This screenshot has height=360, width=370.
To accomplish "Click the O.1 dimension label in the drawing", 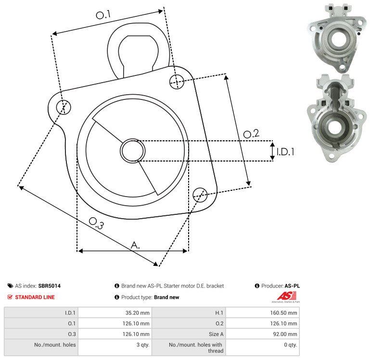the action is (103, 14).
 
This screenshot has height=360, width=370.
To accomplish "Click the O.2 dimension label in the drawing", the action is (251, 134).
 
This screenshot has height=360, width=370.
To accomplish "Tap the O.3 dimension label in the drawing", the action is (96, 223).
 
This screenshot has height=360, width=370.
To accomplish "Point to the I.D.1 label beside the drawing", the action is (285, 152).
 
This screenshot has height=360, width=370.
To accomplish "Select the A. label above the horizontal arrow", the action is (135, 245).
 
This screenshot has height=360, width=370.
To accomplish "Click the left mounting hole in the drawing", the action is (64, 107).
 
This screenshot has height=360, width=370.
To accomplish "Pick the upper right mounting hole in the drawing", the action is (177, 82).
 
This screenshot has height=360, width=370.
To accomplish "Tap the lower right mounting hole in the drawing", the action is (200, 195).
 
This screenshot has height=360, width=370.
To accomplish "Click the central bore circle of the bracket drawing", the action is (133, 151).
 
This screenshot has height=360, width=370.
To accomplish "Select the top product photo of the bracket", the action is (337, 38).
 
